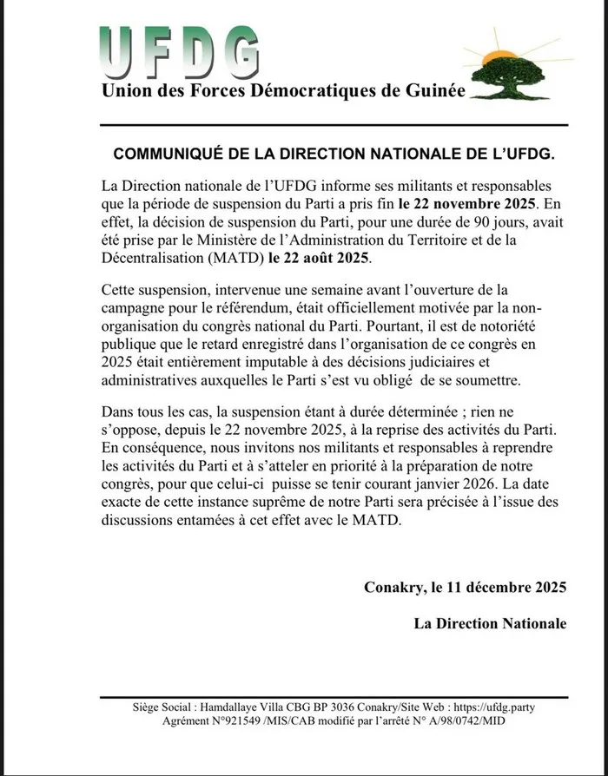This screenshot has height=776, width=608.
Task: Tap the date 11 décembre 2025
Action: tap(503, 588)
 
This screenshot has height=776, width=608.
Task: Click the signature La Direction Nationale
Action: tap(490, 623)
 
